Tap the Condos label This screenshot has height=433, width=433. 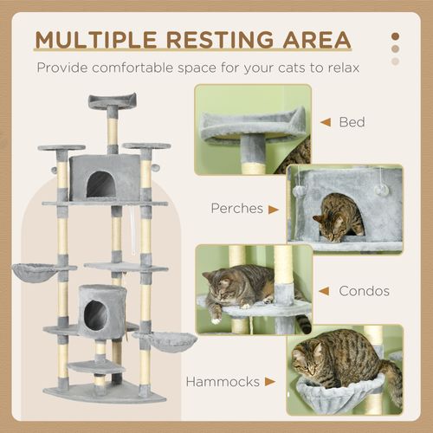point(361,292)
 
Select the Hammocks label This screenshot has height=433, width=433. point(223,379)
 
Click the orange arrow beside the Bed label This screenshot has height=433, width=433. point(326,122)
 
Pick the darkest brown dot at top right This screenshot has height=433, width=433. point(395,37)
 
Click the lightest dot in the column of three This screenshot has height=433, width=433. point(395,61)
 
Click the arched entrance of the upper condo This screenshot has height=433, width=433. point(102,184)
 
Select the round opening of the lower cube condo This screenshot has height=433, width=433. point(95,316)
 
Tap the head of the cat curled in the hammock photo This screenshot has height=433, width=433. point(309,358)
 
